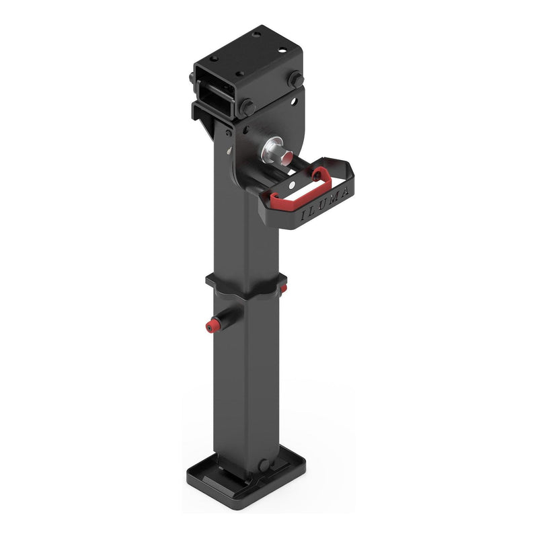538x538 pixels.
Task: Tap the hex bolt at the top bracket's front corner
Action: pos(247,107)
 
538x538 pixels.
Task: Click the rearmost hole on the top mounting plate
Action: pos(256,33)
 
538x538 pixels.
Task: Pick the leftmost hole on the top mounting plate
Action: pos(214,59)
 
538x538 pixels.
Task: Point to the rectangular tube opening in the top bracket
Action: pos(216,91)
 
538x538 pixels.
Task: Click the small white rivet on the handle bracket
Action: pos(291,181)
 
